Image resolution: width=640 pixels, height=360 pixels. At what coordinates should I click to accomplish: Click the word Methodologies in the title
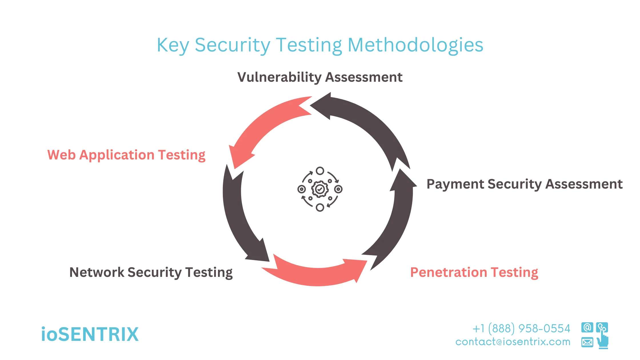tap(415, 45)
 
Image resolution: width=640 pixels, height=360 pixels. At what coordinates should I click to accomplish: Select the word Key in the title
tap(173, 45)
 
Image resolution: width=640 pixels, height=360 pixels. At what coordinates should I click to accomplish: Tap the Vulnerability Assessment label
tap(320, 77)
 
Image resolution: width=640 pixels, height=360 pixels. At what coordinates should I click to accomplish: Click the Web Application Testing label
tap(126, 155)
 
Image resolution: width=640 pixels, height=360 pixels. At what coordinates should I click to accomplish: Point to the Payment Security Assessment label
tap(524, 184)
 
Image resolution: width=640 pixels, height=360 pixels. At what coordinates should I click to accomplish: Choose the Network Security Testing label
tap(151, 272)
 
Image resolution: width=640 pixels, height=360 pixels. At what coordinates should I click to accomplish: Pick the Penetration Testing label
tap(474, 272)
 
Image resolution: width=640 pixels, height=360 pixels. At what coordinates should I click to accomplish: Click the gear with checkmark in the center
tap(320, 189)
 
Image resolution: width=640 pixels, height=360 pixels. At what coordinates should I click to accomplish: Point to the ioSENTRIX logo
tap(90, 334)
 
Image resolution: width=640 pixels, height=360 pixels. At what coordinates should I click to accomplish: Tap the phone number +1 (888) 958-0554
tap(521, 329)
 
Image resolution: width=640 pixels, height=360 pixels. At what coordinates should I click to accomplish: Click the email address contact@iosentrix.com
tap(513, 342)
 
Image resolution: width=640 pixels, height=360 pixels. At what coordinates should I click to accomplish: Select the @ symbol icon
tap(587, 327)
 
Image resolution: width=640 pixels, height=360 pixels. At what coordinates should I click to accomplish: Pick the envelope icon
tap(587, 342)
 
